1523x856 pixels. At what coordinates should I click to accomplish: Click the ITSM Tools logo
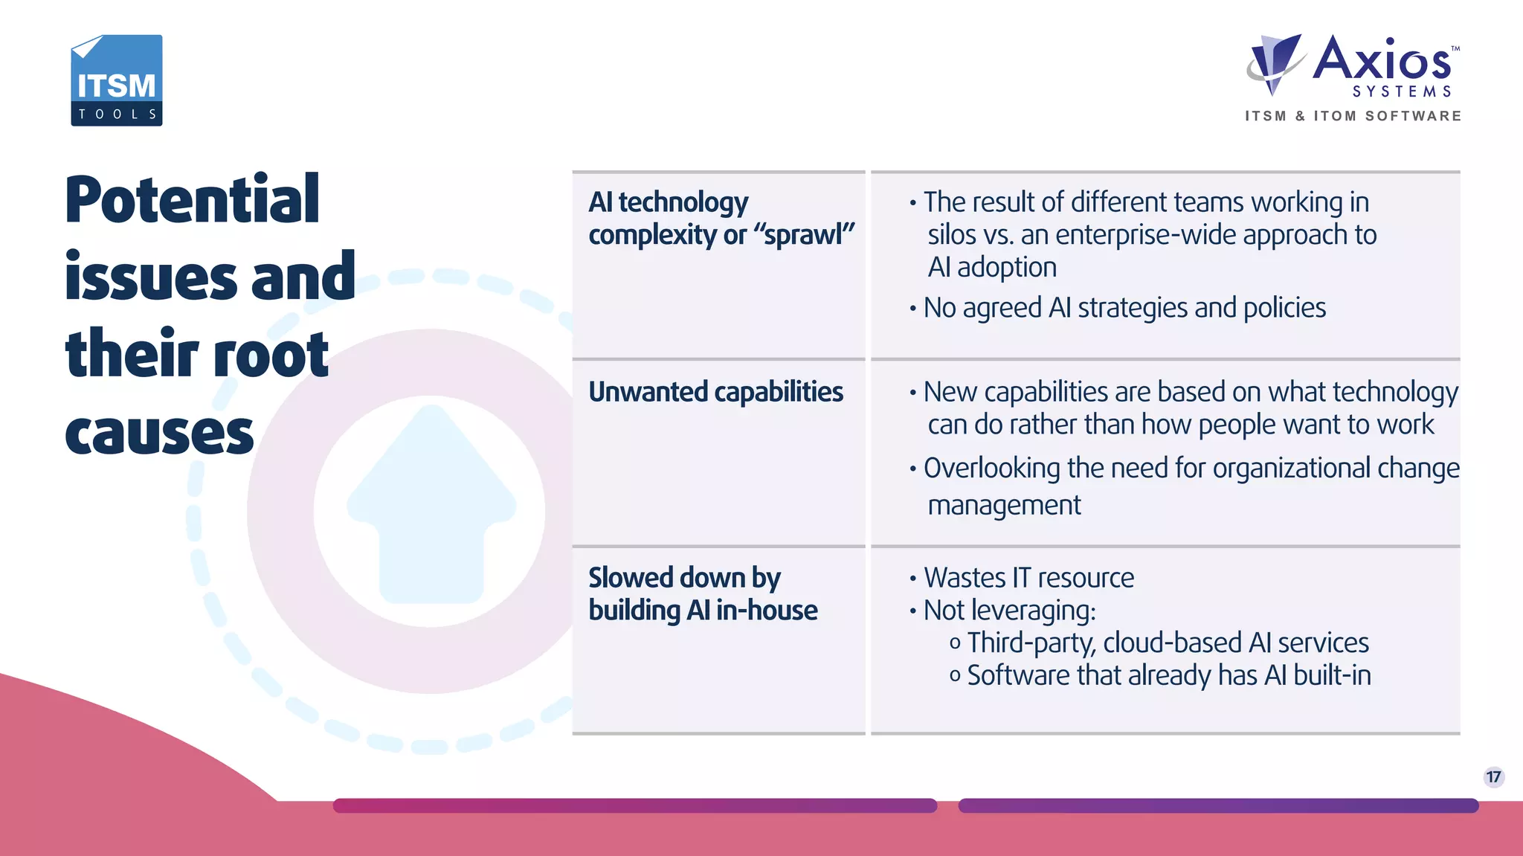coord(117,80)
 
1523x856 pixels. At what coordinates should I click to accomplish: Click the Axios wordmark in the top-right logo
coord(1382,60)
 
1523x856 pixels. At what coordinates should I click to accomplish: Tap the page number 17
coord(1493,777)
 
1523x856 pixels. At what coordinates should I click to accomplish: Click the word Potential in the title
coord(193,200)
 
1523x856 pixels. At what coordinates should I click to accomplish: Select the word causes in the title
coord(159,434)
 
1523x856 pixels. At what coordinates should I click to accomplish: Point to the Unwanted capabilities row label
coord(715,392)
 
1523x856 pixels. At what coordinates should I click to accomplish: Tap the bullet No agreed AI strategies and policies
coord(1124,308)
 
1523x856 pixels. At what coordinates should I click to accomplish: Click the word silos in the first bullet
coord(951,235)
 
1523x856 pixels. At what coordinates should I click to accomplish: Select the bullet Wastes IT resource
coord(1028,578)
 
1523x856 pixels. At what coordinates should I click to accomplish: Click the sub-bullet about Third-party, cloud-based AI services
coord(1167,643)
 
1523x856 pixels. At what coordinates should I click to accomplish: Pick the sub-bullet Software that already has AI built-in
coord(1168,675)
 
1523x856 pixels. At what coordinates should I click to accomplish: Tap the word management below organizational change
coord(1004,506)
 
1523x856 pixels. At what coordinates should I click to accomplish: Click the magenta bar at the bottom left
coord(634,805)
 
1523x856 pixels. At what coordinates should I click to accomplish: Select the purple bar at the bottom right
coord(1218,805)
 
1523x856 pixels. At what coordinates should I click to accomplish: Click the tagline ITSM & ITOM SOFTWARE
coord(1353,116)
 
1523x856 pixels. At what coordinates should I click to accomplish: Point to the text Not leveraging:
coord(1009,611)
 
